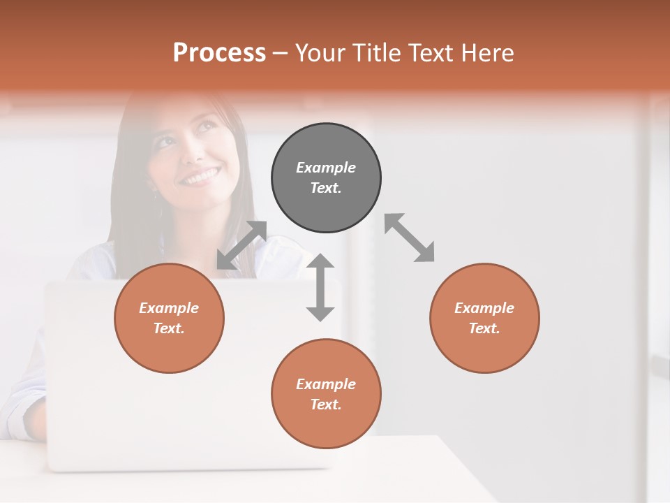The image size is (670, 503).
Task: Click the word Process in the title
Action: point(219,53)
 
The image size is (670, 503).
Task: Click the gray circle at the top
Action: point(326,177)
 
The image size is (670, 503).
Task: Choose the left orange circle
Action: point(169,318)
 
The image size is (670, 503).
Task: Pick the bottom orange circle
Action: point(326,394)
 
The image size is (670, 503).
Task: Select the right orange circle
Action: point(484,318)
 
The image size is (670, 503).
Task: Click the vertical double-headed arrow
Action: point(320,287)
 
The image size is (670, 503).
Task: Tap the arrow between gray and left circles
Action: point(241,245)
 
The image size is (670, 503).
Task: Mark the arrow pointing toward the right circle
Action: point(410,238)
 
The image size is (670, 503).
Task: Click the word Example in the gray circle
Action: point(326,168)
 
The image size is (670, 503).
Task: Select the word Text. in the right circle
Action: point(484,328)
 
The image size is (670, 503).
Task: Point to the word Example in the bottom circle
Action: point(326,384)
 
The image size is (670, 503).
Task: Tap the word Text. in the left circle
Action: point(169,328)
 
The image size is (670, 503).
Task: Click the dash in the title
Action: point(281,54)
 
